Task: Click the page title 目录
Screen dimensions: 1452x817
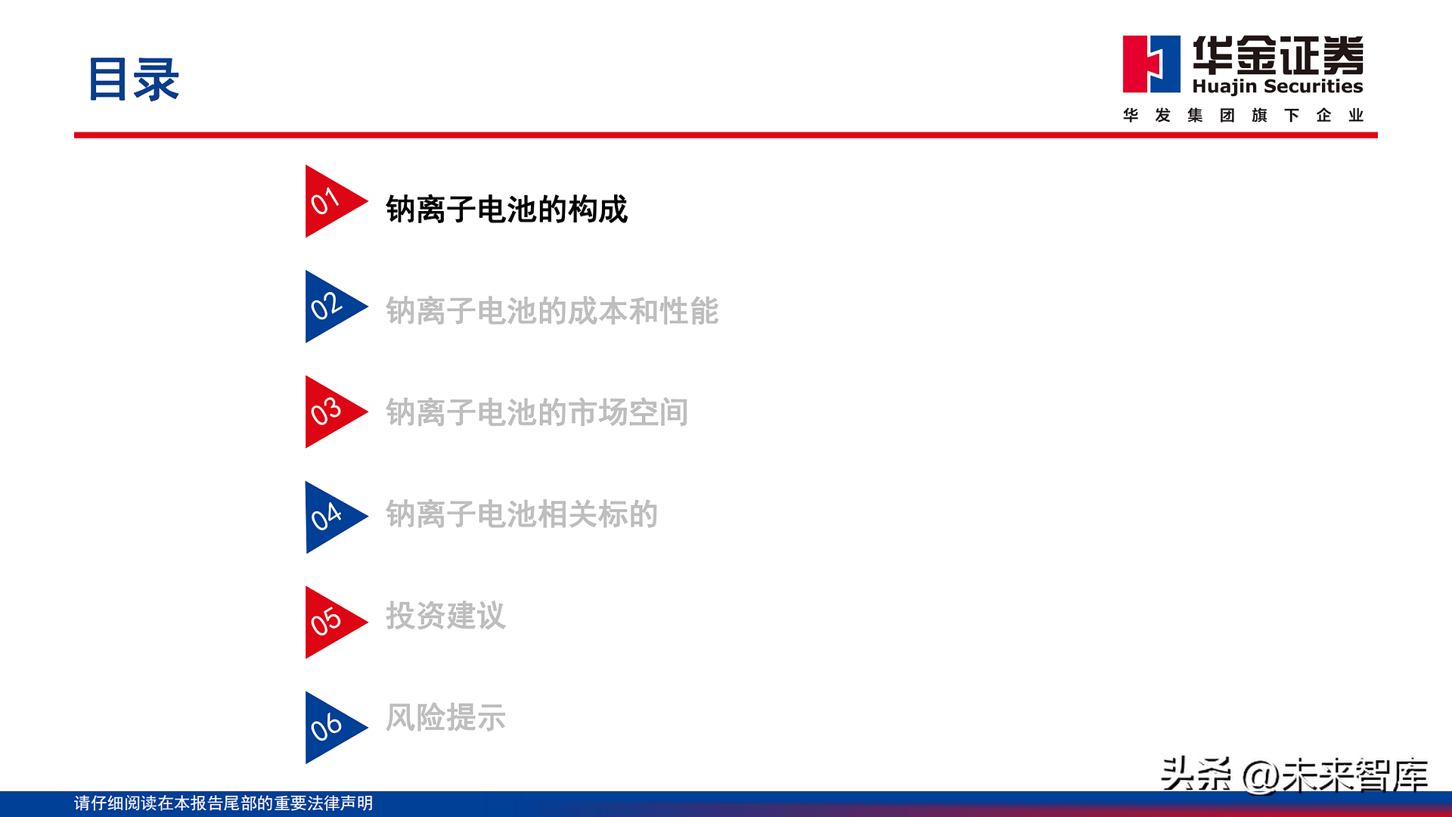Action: coord(134,79)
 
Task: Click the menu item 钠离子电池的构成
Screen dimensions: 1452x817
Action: coord(507,210)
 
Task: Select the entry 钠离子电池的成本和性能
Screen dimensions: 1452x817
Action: coord(552,311)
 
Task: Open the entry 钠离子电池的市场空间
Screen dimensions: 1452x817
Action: coord(537,412)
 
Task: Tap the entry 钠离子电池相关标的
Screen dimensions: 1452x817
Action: coord(522,514)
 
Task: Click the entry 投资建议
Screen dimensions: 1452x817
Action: coord(445,615)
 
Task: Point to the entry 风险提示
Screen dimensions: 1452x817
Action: coord(445,717)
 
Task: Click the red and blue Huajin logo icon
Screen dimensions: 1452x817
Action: coord(1151,64)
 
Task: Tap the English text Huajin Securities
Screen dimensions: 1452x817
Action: coord(1277,86)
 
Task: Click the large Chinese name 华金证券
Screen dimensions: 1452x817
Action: coord(1278,54)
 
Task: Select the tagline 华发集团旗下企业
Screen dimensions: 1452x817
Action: coord(1243,115)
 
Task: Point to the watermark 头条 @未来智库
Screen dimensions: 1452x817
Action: coord(1294,775)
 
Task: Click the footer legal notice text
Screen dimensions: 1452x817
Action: coord(224,803)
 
